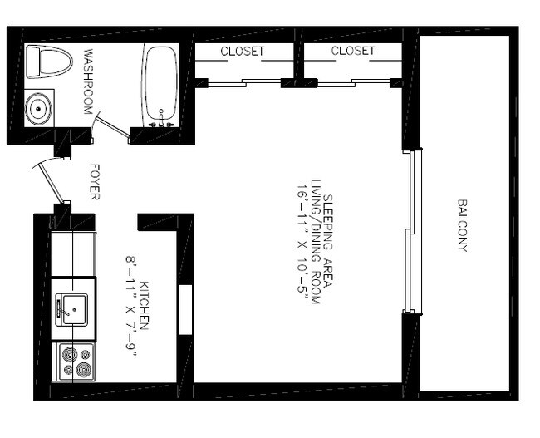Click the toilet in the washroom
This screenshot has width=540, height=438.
[42, 62]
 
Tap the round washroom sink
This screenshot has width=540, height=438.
[38, 109]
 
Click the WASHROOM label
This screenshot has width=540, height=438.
[89, 81]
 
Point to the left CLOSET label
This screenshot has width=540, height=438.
[242, 52]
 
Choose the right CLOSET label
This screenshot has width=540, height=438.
[352, 52]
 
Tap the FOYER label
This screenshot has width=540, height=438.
[93, 181]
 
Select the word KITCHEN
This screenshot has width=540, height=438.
[144, 308]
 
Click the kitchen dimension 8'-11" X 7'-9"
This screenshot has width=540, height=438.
[130, 308]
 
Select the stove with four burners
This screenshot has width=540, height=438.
[74, 363]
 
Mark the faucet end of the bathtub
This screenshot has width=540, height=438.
[160, 121]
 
